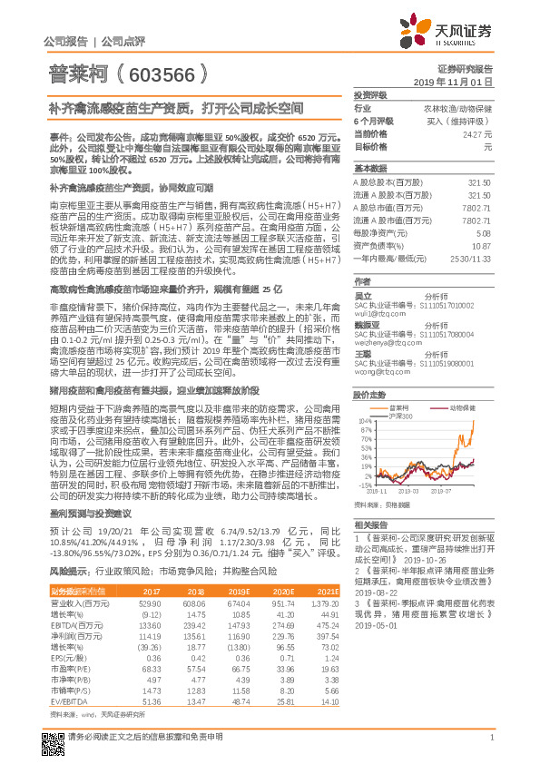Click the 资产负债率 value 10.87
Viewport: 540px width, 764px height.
click(482, 246)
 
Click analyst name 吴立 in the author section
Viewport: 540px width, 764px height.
click(361, 296)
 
